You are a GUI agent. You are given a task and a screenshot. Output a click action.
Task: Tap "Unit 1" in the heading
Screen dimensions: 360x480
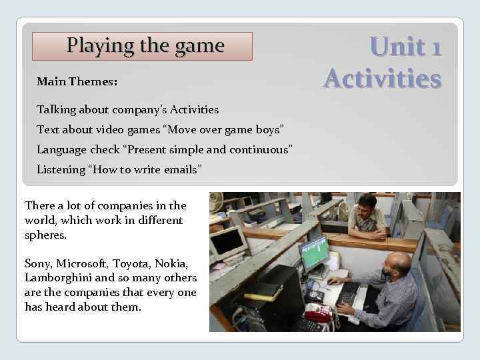point(405,47)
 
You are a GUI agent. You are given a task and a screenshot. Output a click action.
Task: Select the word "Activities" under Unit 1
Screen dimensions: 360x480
point(383,79)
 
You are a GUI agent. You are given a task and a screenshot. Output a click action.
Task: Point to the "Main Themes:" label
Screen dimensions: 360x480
point(77,82)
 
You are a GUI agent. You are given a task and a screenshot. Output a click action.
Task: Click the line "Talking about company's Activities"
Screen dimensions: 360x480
point(127,109)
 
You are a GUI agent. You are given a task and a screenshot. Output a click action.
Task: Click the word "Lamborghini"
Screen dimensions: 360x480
point(55,277)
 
